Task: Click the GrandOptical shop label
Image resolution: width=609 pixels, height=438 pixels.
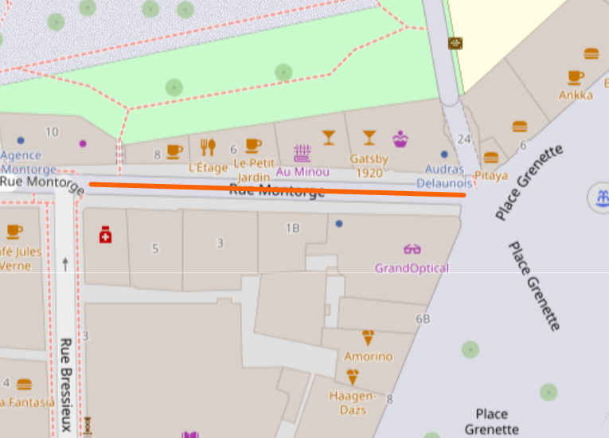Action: (412, 268)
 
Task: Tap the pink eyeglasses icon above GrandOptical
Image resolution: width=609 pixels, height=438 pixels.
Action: (412, 249)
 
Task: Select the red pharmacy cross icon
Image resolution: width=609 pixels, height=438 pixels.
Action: (105, 235)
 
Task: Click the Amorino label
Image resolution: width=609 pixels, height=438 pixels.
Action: (368, 356)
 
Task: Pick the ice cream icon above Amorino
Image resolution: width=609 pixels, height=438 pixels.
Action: (368, 337)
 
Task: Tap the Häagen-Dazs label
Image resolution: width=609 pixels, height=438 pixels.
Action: (352, 402)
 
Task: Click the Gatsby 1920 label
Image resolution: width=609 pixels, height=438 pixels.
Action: (369, 165)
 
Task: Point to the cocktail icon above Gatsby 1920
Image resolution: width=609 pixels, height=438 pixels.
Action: (369, 138)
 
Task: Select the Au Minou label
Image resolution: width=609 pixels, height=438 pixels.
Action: (303, 171)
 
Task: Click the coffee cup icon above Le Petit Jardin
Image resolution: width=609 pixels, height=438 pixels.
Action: (253, 145)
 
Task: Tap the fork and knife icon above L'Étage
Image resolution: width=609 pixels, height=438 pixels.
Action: (208, 147)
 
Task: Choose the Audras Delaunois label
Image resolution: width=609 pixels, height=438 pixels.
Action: (444, 176)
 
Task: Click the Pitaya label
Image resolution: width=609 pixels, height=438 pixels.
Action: (490, 175)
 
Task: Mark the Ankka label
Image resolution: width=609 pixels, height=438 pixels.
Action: (576, 95)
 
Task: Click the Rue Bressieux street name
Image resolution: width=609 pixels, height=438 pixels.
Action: (66, 385)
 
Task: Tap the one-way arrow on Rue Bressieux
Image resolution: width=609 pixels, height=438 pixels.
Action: (65, 264)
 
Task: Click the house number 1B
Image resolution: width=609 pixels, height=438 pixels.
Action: (293, 229)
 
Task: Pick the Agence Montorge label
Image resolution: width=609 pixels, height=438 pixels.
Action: (29, 162)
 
